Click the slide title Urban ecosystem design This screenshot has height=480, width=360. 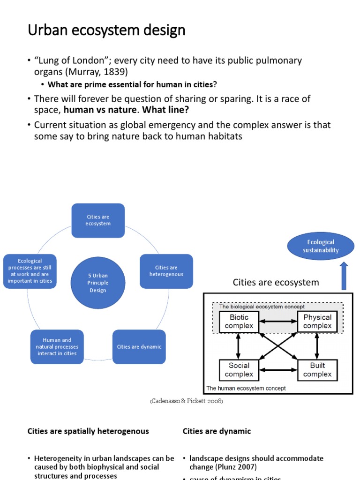point(106,30)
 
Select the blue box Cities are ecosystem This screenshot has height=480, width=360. point(98,220)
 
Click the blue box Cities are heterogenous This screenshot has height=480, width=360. point(166,271)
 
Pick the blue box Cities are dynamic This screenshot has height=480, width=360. point(139,347)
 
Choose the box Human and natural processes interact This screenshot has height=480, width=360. point(57,347)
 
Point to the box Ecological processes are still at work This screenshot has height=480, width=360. point(30,271)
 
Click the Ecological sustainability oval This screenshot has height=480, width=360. point(321,246)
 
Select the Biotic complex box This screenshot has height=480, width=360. point(239,322)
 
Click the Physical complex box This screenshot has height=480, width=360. point(317,322)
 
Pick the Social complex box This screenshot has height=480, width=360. point(239,370)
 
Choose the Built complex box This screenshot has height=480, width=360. point(317,370)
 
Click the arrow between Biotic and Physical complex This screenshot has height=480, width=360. point(278,322)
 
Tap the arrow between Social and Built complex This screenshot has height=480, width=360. point(278,370)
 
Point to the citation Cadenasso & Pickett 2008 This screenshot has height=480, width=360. point(186,402)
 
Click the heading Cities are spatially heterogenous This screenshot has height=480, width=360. point(88,431)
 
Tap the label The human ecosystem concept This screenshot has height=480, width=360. point(246,388)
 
